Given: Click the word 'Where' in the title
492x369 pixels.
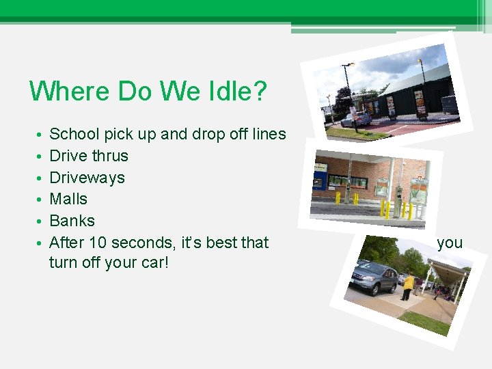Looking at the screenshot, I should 70,92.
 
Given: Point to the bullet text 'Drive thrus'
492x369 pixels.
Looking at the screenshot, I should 89,156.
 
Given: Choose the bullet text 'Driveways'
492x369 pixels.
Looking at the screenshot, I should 87,178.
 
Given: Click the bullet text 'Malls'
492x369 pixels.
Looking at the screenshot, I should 68,199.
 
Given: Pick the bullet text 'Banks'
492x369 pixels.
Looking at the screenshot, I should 72,221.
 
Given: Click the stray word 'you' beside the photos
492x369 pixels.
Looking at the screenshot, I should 450,243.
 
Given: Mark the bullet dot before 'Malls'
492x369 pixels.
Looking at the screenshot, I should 41,200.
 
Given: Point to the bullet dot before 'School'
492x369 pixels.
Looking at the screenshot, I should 41,135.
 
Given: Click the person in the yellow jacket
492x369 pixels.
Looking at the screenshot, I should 408,286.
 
